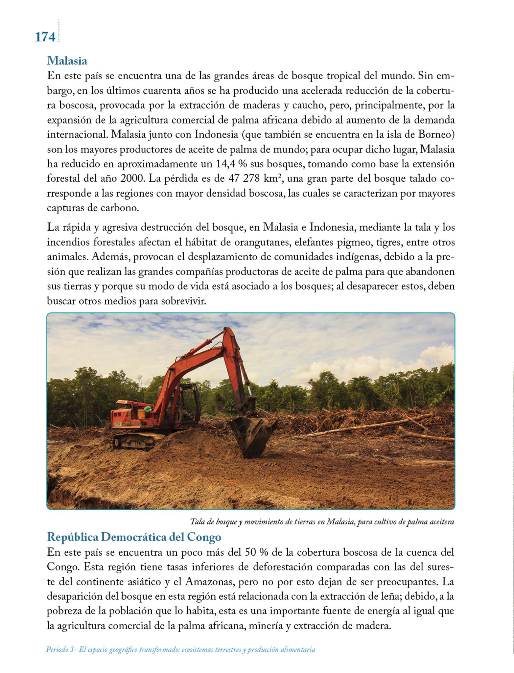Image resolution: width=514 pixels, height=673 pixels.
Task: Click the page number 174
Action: [45, 37]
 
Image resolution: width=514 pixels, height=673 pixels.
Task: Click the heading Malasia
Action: [67, 61]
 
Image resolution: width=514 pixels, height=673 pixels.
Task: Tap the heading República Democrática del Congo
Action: [134, 537]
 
